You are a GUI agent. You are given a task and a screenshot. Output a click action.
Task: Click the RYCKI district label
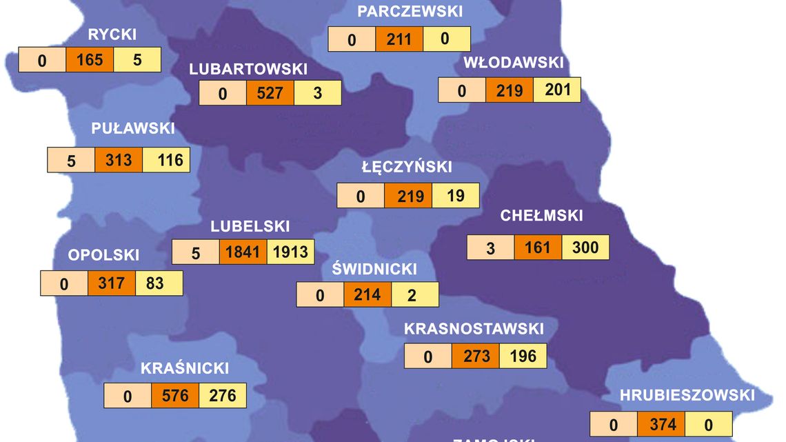tap(112, 35)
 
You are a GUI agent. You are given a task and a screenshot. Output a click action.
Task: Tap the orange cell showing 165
tap(90, 60)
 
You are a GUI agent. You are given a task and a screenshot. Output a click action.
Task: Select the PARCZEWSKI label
tap(400, 11)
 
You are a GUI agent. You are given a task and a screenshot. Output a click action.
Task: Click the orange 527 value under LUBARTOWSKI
tap(270, 93)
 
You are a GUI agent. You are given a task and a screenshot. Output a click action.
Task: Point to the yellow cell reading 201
tap(557, 90)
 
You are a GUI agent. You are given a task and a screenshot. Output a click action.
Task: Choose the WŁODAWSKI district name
tap(514, 63)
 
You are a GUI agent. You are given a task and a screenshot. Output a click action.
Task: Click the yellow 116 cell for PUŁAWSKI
tap(166, 160)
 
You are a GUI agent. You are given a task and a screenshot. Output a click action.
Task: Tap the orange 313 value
tap(119, 160)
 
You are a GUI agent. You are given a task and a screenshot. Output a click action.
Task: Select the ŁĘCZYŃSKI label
tap(407, 167)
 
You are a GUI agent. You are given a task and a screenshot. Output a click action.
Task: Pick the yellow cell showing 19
tap(456, 195)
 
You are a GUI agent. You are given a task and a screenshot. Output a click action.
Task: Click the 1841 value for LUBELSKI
tap(243, 252)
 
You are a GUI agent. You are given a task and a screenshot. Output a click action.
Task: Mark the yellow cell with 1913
tap(290, 252)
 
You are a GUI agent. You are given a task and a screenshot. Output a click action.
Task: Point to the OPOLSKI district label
tap(103, 255)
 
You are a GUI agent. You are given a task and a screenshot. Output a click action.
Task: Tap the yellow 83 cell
tap(159, 283)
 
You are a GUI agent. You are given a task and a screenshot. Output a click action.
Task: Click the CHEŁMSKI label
tap(541, 216)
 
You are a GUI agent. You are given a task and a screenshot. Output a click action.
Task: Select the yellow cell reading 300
tap(585, 247)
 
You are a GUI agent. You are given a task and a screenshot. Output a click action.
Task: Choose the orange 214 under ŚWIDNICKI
tap(367, 294)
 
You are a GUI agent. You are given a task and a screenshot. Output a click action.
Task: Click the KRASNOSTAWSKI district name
tap(474, 328)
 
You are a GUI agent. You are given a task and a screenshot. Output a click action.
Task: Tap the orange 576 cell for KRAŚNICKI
tap(175, 396)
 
